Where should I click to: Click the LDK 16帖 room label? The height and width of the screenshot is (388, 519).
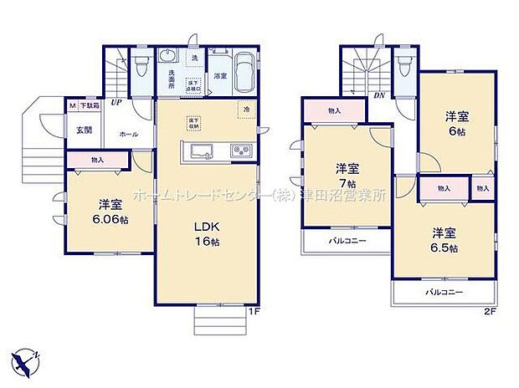tap(207, 234)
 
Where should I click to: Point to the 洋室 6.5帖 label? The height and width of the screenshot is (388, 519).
tap(444, 241)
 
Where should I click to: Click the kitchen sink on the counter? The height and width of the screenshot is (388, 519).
tap(203, 151)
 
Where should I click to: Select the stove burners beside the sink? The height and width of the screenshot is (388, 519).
tap(240, 151)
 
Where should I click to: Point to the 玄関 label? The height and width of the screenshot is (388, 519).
tap(85, 129)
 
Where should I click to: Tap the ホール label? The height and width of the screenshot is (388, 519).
tap(129, 134)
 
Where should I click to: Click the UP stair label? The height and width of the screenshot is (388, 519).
tap(117, 104)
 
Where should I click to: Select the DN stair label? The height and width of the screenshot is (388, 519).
tap(378, 94)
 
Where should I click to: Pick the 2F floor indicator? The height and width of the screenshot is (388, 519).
tap(489, 312)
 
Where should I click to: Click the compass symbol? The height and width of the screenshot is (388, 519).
tap(30, 359)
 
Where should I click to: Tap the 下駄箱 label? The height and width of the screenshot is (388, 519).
tap(90, 105)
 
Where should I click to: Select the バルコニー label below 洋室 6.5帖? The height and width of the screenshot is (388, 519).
tap(444, 293)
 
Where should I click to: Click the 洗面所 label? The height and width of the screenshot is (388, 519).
tap(167, 80)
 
